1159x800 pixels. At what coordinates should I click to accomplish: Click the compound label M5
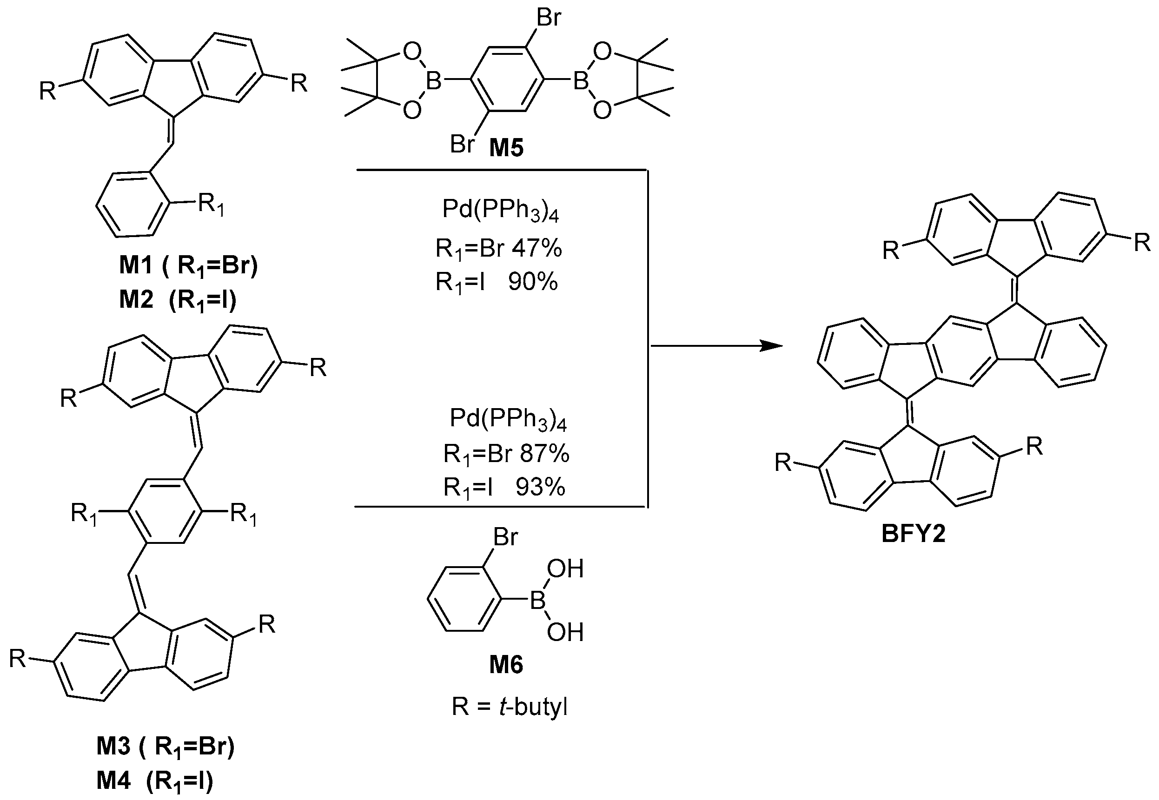(506, 148)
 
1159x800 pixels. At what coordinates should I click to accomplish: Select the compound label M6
(506, 665)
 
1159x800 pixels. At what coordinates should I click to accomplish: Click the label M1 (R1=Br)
(188, 266)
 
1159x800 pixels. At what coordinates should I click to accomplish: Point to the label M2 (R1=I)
(178, 301)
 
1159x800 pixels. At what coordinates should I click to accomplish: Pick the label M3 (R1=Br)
(166, 747)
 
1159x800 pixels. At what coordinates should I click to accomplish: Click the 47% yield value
(537, 249)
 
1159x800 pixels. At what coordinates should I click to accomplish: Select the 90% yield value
(533, 283)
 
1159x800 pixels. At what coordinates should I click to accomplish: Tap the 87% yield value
(544, 454)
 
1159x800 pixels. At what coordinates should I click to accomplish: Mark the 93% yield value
(540, 487)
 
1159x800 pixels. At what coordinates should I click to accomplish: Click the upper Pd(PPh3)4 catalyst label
(500, 211)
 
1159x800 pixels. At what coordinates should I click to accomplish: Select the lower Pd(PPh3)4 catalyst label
(507, 419)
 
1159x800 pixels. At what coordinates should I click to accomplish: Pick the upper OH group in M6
(565, 569)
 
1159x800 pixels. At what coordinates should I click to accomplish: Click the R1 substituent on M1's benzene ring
(211, 205)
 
